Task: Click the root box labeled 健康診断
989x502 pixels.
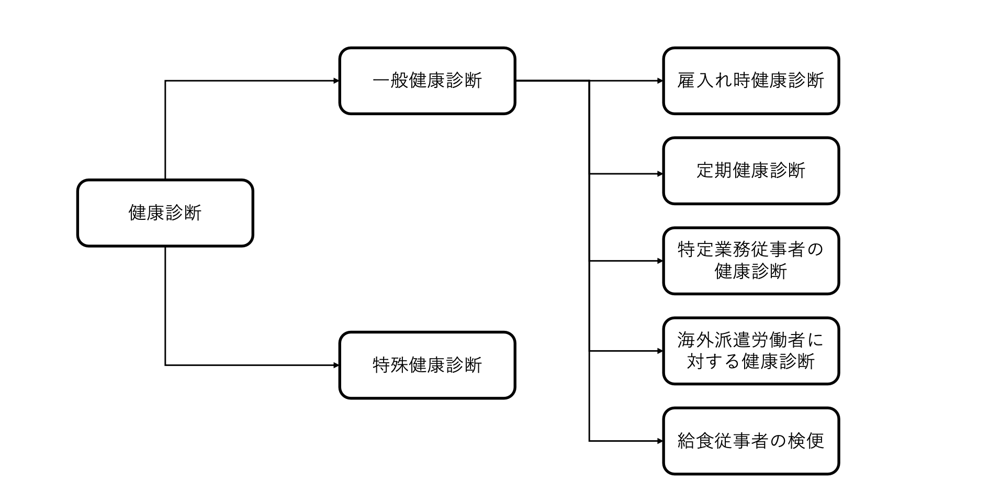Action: pos(165,213)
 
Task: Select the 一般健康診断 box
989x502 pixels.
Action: pos(427,81)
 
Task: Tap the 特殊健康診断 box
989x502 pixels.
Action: pos(427,365)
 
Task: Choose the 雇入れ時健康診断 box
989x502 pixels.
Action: pos(750,81)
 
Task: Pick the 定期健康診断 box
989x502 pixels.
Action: pos(750,171)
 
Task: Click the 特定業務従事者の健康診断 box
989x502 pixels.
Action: pos(750,261)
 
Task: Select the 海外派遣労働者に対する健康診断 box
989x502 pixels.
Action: pos(750,351)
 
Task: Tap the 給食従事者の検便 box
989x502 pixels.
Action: pos(750,441)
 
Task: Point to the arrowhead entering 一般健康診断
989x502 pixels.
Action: pos(336,81)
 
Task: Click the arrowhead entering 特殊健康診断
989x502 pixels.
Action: pos(336,365)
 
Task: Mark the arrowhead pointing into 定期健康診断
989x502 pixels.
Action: pos(660,174)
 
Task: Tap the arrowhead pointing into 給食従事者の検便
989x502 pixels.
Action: pos(660,441)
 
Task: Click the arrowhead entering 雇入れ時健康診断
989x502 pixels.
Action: pos(660,81)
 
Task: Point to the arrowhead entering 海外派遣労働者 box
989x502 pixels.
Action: pos(660,351)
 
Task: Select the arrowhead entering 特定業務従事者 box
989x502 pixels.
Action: pos(660,261)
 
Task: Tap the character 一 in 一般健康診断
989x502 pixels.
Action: pos(381,81)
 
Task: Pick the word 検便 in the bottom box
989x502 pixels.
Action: pos(805,441)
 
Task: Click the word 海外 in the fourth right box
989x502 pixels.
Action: pos(696,340)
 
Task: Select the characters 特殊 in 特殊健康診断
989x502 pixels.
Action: pos(390,365)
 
